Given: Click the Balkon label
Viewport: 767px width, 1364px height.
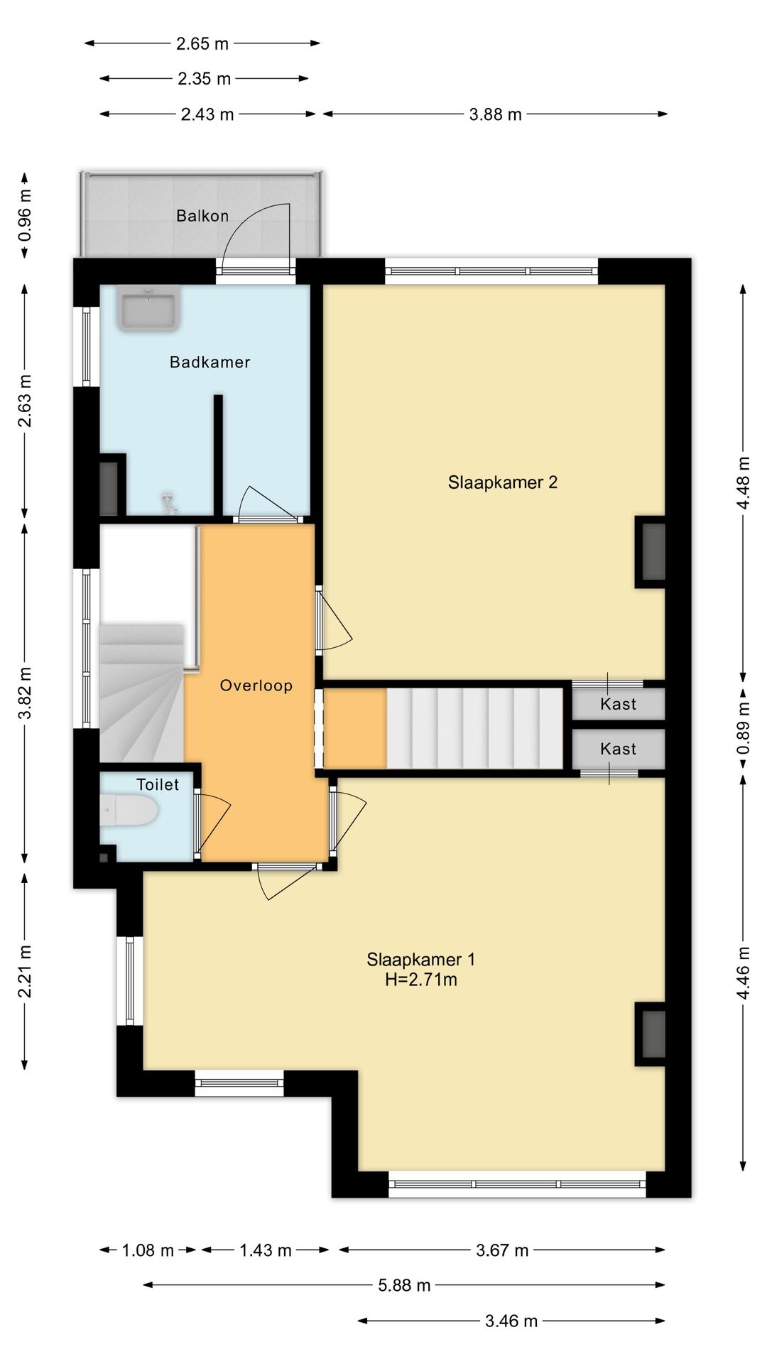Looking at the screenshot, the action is click(x=202, y=216).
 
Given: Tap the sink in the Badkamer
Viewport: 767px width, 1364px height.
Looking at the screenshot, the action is click(x=149, y=309).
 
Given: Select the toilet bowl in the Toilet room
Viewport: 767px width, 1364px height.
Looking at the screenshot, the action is click(x=129, y=811).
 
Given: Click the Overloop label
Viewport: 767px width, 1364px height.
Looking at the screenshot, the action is click(x=256, y=686).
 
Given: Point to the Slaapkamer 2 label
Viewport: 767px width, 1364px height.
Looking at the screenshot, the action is click(x=503, y=482).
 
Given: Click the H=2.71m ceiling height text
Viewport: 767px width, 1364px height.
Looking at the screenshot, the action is click(x=421, y=980).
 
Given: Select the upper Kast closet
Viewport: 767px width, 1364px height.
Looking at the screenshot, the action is click(x=619, y=704).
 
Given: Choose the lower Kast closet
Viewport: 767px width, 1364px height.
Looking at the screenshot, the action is click(x=619, y=749).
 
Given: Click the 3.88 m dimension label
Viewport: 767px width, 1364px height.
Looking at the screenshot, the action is click(x=496, y=114).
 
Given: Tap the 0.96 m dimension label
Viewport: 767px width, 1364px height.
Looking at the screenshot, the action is click(x=25, y=214).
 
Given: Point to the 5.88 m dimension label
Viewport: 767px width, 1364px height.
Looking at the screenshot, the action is click(x=404, y=1285).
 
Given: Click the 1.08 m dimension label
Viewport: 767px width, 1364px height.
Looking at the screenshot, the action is click(x=148, y=1250).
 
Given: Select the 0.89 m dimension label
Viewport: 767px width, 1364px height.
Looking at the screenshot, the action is click(x=744, y=730).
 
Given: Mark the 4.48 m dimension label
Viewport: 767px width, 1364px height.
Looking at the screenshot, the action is click(x=744, y=482).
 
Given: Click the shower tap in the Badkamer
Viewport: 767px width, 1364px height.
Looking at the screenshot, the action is click(x=168, y=503).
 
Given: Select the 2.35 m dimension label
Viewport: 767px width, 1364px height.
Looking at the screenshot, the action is click(x=205, y=79).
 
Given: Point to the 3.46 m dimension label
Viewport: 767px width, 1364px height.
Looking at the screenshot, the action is click(x=511, y=1321).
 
